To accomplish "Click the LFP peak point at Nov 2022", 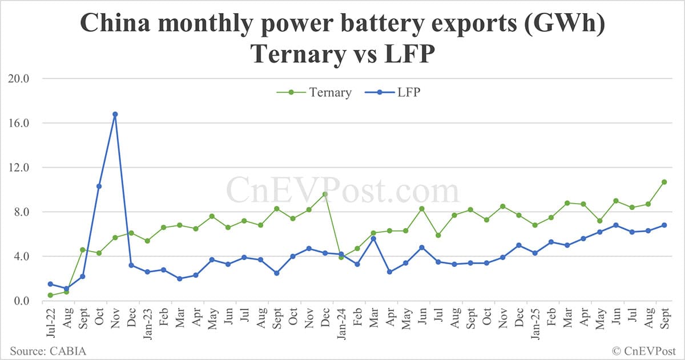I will pos(115,114).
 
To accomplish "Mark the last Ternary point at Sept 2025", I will pos(664,182).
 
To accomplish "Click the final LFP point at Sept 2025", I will pos(664,225).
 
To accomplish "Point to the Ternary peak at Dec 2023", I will pos(325,194).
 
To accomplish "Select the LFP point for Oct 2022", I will pos(99,186).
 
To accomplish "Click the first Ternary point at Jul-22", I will pos(50,295).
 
